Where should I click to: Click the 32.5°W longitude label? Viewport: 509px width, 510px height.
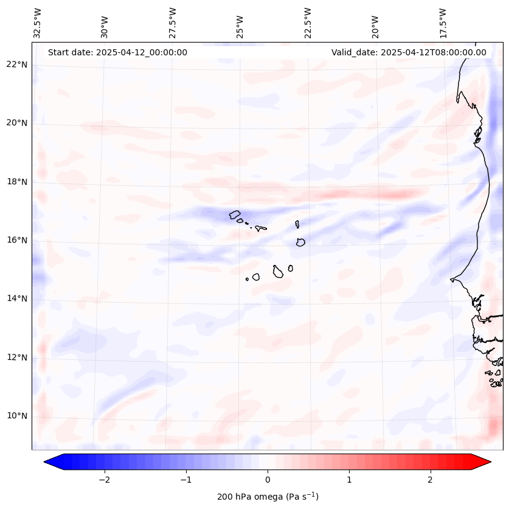38,22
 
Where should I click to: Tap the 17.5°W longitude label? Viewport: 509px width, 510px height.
443,22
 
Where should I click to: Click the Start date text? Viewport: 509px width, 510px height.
117,52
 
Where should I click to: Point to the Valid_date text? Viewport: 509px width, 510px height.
409,52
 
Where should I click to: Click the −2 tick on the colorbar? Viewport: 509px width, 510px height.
104,480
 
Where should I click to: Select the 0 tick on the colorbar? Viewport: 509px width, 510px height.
268,480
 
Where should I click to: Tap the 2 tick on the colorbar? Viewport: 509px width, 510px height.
431,480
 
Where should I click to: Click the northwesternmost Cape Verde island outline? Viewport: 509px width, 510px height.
235,215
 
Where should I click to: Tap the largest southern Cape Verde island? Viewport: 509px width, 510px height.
278,271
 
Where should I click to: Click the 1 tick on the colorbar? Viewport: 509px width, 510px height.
349,480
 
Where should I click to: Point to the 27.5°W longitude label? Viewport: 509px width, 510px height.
173,22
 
